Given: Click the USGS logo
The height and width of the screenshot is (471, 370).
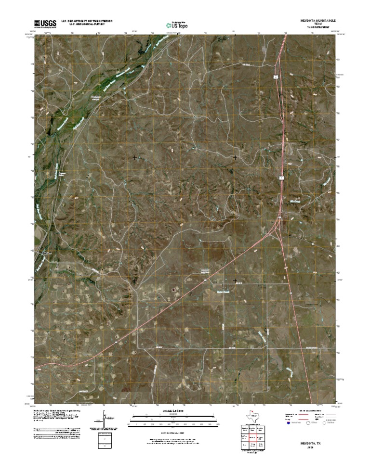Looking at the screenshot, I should click(x=45, y=23).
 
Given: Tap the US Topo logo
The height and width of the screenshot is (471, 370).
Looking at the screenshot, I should click(x=176, y=25).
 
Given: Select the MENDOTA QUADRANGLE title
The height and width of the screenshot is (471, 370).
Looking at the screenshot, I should click(x=317, y=21).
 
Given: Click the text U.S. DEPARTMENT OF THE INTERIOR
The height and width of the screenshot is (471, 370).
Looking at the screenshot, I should click(x=87, y=21).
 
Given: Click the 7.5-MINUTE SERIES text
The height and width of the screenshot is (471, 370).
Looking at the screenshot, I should click(x=316, y=27).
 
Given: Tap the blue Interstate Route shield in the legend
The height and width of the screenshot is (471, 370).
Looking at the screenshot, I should click(x=289, y=423).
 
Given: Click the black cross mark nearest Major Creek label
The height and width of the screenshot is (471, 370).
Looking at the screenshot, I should click(x=235, y=280).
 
